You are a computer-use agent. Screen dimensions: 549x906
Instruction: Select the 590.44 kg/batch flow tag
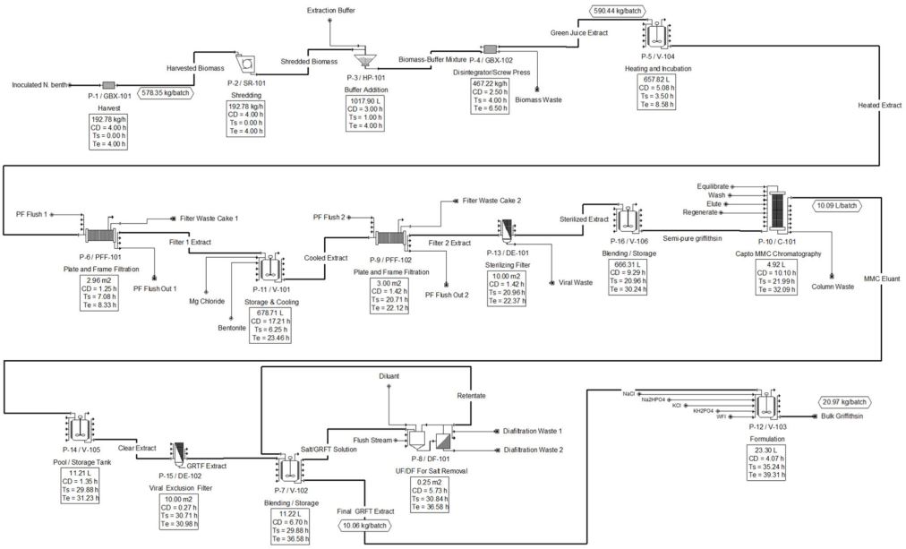click(624, 10)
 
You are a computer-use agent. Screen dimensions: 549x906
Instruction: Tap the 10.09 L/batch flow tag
click(842, 205)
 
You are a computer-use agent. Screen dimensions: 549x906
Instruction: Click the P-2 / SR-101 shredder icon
click(244, 63)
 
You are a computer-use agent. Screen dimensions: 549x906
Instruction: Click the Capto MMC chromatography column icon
click(785, 213)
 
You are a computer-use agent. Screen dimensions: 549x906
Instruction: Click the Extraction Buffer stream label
click(331, 10)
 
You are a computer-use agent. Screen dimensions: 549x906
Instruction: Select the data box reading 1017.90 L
click(363, 113)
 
